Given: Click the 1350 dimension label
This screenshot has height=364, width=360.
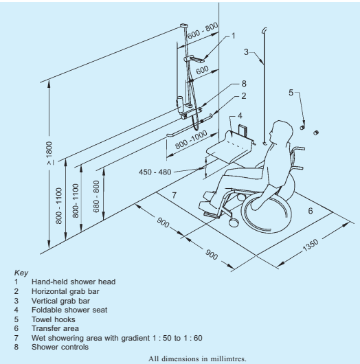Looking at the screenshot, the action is (x=311, y=245).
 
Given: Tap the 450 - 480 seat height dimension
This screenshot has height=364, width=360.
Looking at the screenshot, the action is (x=155, y=172).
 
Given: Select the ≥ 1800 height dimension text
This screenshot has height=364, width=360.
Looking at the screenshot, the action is (x=49, y=153).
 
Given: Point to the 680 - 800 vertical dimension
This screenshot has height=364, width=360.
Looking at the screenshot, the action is (x=96, y=196).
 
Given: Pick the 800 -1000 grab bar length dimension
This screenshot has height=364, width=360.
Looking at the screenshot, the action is (x=191, y=139).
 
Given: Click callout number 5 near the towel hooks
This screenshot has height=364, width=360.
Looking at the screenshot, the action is (x=291, y=93).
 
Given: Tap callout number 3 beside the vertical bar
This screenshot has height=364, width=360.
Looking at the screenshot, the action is (x=246, y=52).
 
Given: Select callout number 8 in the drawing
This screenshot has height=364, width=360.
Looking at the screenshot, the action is (x=244, y=84).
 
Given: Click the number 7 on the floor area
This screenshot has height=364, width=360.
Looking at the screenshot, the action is (x=175, y=195).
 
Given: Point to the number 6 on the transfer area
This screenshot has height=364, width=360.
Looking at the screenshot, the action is (x=311, y=211).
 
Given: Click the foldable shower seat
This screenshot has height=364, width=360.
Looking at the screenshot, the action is (x=230, y=146).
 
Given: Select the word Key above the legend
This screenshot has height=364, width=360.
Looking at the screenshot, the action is (x=21, y=273).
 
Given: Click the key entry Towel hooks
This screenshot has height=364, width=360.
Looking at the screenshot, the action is (x=54, y=319).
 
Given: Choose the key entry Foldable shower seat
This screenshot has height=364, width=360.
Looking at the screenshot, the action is (x=69, y=310).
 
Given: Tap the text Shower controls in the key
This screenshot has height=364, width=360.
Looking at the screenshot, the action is (x=60, y=347).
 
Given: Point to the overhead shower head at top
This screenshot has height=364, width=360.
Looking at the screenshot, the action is (x=183, y=25).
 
